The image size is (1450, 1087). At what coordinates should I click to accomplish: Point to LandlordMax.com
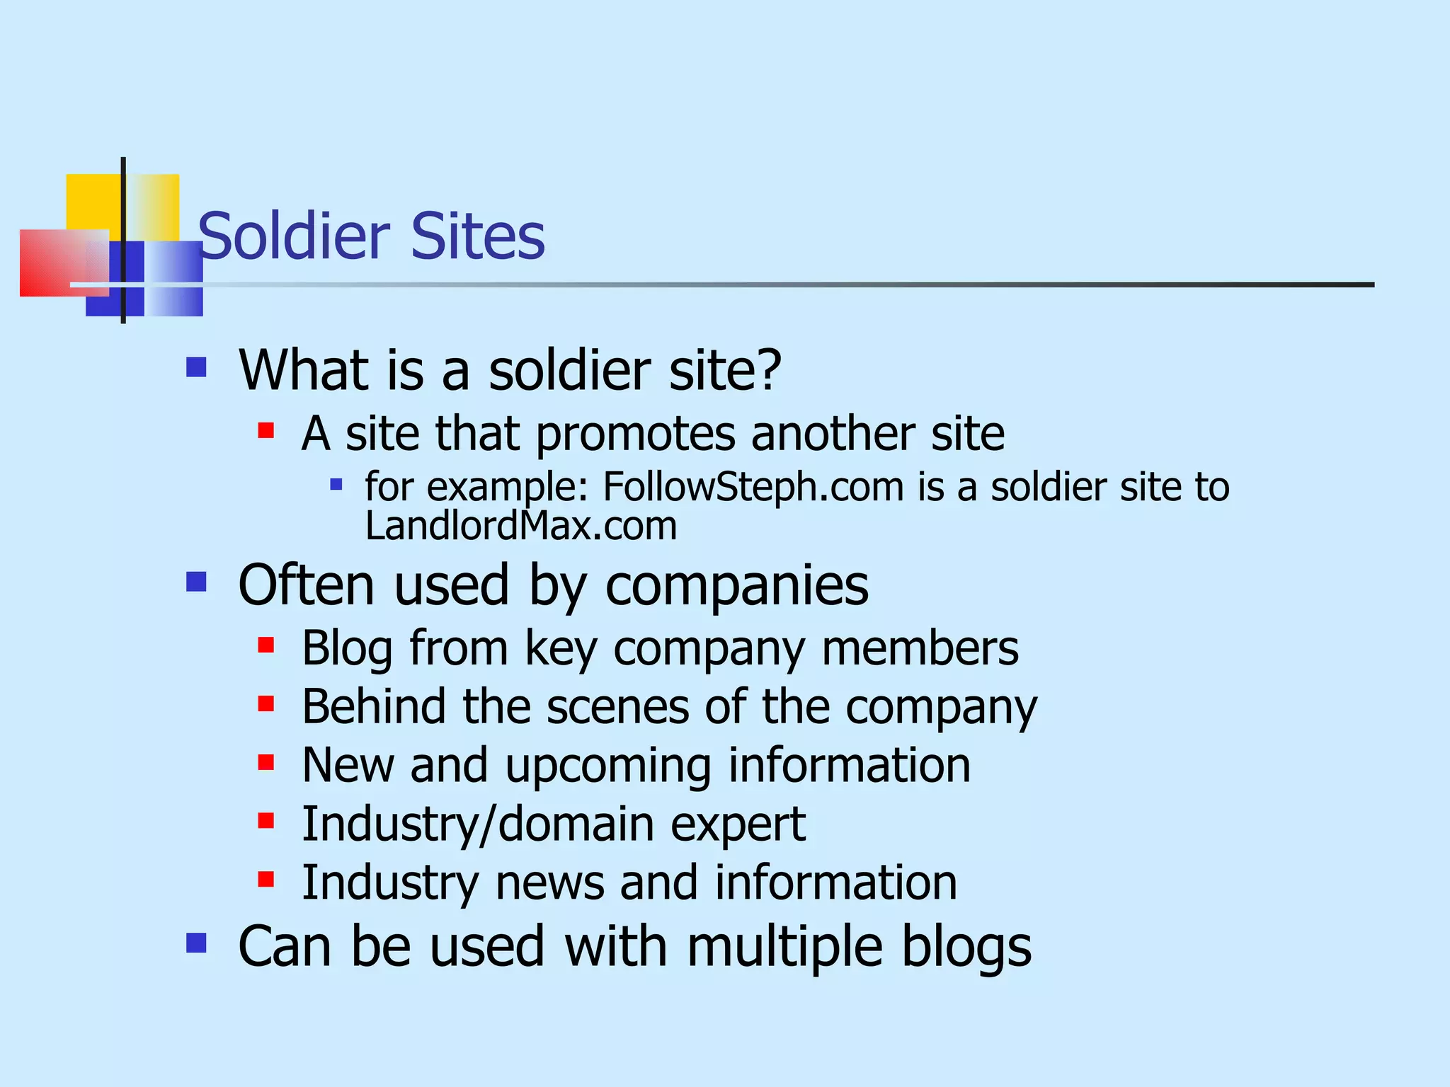pos(521,527)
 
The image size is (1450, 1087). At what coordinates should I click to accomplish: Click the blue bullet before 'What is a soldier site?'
pos(196,367)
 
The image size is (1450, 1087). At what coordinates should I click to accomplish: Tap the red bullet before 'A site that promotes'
pos(266,430)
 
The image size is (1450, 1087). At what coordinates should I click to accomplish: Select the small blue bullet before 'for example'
pos(336,485)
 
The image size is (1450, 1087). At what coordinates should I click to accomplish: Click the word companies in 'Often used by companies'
pos(736,586)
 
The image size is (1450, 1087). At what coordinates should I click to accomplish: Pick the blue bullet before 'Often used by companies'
pos(196,582)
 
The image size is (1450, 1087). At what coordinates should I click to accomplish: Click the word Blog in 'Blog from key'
pos(347,648)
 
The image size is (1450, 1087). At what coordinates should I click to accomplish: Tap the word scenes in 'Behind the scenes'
pos(617,707)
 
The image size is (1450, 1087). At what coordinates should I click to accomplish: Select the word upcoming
pos(607,766)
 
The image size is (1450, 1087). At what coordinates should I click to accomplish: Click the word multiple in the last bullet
pos(784,947)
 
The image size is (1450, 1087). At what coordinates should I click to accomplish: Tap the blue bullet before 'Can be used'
pos(196,943)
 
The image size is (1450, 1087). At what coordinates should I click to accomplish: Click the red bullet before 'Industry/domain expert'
pos(266,821)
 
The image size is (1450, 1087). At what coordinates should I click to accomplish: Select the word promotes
pos(635,434)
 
